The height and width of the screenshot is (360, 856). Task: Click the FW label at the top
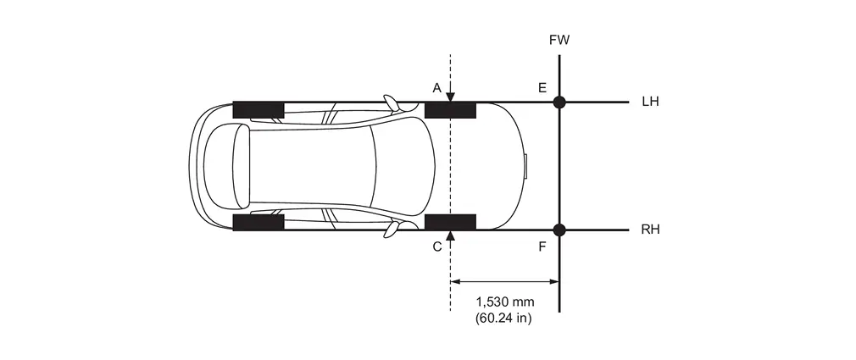[559, 41]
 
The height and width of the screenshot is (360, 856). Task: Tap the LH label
[650, 102]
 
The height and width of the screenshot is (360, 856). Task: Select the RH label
[650, 230]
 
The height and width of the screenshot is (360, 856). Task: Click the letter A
[436, 88]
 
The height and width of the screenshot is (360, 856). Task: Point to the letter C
[436, 247]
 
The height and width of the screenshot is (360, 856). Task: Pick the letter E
[542, 88]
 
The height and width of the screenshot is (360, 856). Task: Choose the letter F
[542, 247]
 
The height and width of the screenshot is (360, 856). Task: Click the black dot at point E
[559, 102]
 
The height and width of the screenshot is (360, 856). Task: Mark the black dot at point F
[559, 230]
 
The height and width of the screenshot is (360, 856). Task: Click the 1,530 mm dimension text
[505, 302]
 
